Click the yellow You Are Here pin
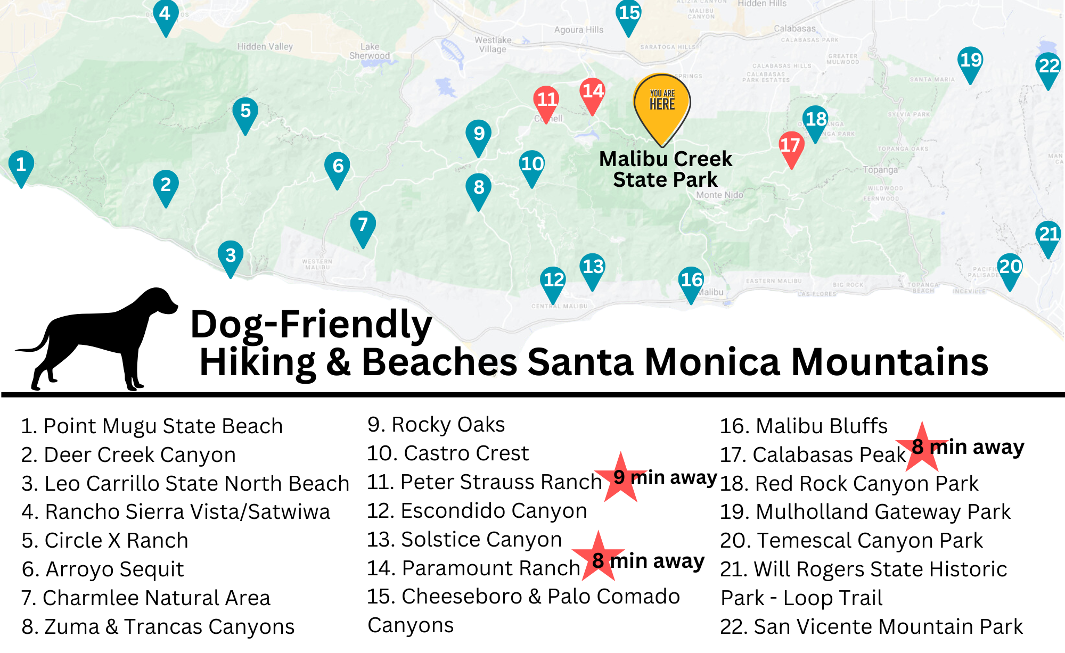tap(662, 104)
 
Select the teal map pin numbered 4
tap(166, 15)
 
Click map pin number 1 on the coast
tap(21, 166)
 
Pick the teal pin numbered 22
tap(1048, 68)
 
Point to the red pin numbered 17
tap(791, 147)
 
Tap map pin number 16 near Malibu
tap(691, 282)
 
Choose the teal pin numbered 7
tap(363, 226)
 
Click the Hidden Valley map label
tap(265, 47)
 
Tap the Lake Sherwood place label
tap(370, 51)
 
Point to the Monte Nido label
tap(719, 195)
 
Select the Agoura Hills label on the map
tap(578, 30)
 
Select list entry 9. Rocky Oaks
tap(436, 425)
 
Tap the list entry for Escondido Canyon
tap(477, 511)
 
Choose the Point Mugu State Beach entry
tap(152, 426)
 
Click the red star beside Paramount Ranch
tap(599, 556)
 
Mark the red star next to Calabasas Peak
tap(921, 447)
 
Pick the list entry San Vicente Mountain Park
tap(871, 627)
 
